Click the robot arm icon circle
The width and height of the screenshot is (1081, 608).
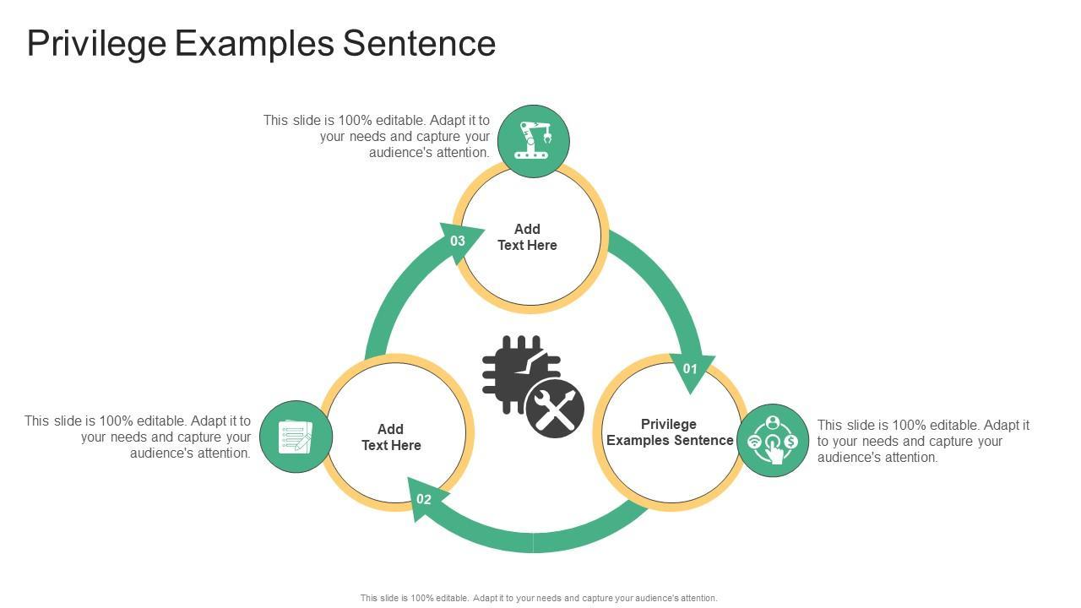[x=533, y=141]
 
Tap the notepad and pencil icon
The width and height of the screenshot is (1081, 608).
[x=296, y=437]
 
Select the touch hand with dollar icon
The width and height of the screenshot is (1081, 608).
[x=773, y=440]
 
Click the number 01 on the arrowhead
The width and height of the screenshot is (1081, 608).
[x=691, y=369]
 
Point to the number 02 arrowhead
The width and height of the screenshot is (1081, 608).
[x=424, y=499]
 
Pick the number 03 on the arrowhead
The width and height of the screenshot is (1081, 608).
[x=458, y=241]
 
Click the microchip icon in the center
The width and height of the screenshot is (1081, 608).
[x=512, y=372]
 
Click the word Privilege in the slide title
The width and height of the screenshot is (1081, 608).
[x=97, y=44]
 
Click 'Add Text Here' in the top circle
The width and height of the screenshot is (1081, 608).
[x=527, y=237]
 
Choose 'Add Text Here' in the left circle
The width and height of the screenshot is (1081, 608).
[x=391, y=437]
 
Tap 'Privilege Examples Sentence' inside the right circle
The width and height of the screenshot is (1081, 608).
[x=669, y=432]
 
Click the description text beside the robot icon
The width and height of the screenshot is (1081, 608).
[x=377, y=137]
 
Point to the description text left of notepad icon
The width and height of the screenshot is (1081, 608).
[x=138, y=437]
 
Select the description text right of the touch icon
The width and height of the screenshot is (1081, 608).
[x=923, y=441]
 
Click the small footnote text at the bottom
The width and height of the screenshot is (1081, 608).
[x=539, y=598]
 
